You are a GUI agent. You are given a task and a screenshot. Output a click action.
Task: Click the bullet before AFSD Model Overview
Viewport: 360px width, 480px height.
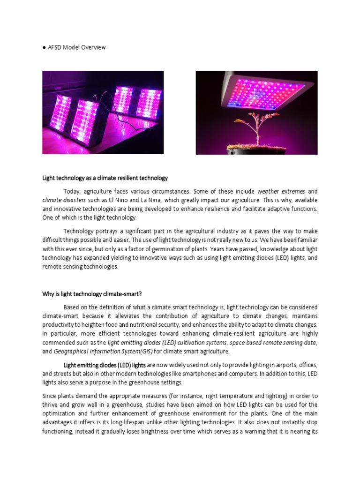coord(44,48)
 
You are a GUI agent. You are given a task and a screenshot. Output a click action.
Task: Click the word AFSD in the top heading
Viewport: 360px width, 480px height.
coord(56,48)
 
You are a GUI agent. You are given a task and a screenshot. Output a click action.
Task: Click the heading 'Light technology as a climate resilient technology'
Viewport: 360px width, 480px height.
coord(105,178)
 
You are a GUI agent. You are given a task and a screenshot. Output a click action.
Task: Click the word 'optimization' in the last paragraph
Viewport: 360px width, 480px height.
coord(60,413)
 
